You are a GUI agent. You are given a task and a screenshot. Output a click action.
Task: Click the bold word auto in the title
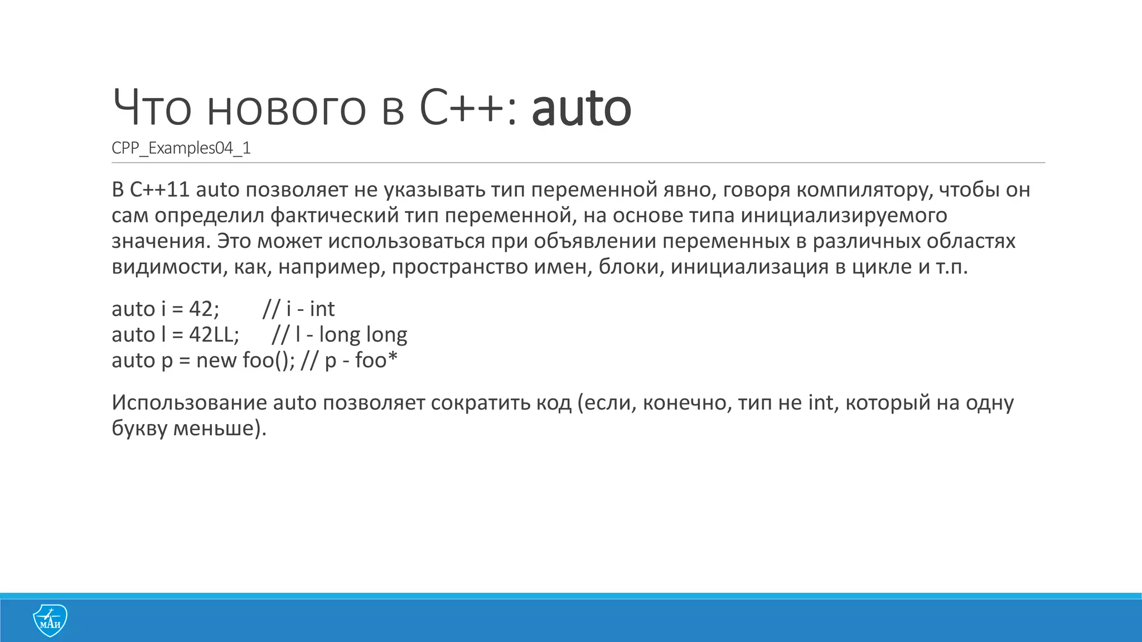point(581,108)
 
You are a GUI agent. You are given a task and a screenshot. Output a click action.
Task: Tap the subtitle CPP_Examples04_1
point(181,148)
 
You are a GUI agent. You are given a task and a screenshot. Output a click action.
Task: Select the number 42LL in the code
point(212,335)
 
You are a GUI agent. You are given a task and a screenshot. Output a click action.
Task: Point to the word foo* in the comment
point(376,361)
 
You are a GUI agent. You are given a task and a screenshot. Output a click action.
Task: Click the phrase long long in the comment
point(363,335)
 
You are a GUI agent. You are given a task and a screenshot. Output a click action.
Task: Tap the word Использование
point(189,402)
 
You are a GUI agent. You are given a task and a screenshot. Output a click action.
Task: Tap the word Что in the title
point(152,108)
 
